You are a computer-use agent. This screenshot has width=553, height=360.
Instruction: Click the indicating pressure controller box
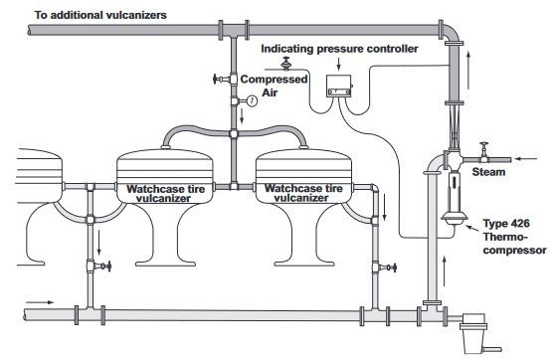pyautogui.click(x=339, y=87)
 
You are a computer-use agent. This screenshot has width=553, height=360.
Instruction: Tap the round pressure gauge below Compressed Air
pyautogui.click(x=252, y=101)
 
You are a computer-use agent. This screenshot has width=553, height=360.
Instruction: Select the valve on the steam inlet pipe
pyautogui.click(x=484, y=152)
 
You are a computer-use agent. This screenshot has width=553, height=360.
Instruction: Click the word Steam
pyautogui.click(x=488, y=172)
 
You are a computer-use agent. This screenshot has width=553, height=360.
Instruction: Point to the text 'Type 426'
pyautogui.click(x=506, y=224)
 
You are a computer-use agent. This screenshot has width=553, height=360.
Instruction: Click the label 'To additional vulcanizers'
pyautogui.click(x=100, y=15)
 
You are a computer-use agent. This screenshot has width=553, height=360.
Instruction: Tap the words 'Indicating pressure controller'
pyautogui.click(x=339, y=49)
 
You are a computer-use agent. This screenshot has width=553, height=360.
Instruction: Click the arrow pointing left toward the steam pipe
pyautogui.click(x=525, y=159)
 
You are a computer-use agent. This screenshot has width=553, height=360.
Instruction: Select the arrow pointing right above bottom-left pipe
pyautogui.click(x=40, y=302)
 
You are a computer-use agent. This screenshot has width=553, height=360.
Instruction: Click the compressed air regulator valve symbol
pyautogui.click(x=286, y=64)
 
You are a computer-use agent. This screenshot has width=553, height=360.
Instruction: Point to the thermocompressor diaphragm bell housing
pyautogui.click(x=455, y=217)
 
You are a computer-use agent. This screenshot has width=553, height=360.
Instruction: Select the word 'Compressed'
pyautogui.click(x=274, y=80)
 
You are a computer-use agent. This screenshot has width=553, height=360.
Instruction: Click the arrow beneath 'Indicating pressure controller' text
pyautogui.click(x=339, y=65)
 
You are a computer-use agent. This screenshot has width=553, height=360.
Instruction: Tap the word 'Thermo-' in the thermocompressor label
pyautogui.click(x=505, y=237)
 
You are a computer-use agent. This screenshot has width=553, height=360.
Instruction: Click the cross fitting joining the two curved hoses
pyautogui.click(x=233, y=134)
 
